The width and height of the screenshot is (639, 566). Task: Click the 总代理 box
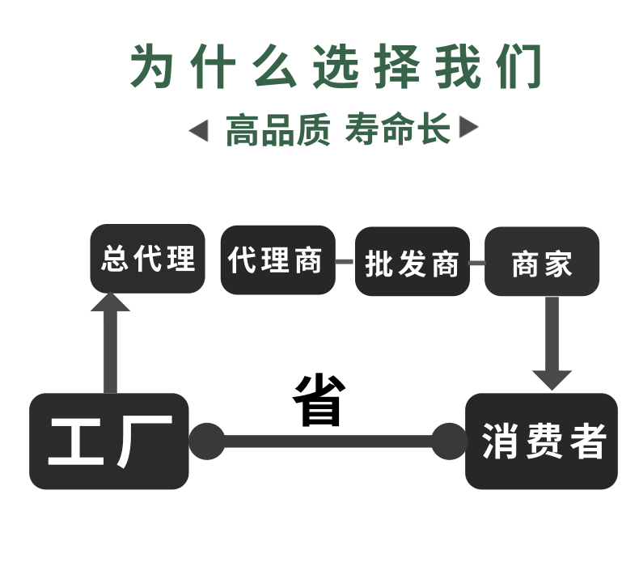point(147,259)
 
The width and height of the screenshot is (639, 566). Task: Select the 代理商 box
point(277,260)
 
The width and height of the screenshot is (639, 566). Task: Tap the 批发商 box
point(412,262)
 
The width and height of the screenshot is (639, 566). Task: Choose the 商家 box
point(541,262)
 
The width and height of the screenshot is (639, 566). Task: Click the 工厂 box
point(109,441)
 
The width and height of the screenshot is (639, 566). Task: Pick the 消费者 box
point(541,441)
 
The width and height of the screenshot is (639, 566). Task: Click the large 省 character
point(319,400)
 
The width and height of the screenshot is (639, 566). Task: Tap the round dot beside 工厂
point(206,441)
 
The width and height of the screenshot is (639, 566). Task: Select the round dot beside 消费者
point(448,441)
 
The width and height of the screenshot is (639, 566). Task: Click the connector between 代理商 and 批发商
point(345,262)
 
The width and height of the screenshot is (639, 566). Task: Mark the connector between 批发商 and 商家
point(477,263)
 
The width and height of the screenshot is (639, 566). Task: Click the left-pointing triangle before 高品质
point(198,130)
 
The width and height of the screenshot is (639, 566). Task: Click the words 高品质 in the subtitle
point(277,130)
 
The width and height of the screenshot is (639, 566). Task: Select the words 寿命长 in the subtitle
point(397,129)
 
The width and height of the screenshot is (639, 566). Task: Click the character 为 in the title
point(154,65)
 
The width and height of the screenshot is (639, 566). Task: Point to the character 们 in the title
point(518,65)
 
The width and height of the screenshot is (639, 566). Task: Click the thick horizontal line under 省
point(328,441)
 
